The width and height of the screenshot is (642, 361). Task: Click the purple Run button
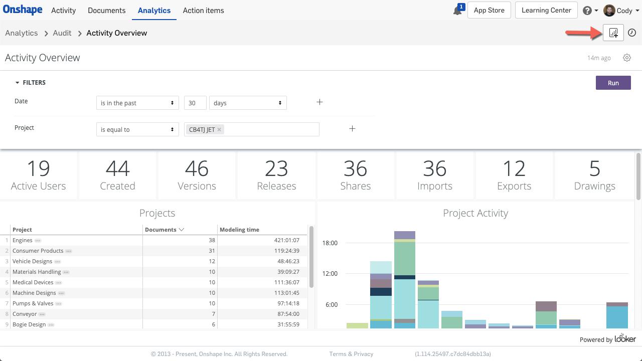coord(613,83)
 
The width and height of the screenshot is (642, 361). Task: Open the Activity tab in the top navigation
coord(63,11)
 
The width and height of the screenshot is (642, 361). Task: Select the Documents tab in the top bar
coord(106,11)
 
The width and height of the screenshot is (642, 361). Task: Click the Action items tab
coord(203,11)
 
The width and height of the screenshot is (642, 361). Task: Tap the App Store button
coord(489,11)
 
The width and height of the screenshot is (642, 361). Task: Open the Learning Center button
coord(546,11)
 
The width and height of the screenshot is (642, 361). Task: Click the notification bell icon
coord(457,11)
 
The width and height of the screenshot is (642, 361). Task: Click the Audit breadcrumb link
coord(62,33)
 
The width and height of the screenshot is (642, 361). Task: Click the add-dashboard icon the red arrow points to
coord(613,33)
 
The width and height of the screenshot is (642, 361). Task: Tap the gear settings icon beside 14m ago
coord(627,58)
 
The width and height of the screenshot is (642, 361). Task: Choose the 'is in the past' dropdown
coord(137,103)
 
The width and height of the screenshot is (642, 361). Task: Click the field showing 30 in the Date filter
coord(195,103)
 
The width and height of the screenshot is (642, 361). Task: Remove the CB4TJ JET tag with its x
coord(219,129)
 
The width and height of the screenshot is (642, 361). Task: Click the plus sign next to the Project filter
coord(352,129)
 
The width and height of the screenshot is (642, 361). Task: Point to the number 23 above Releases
coord(276,169)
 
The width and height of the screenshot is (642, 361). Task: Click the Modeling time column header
coord(239,230)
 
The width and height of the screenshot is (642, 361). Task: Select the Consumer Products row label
coord(38,251)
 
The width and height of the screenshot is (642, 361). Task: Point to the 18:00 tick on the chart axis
coord(330,243)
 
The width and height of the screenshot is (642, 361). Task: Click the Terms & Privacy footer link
coord(351,354)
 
